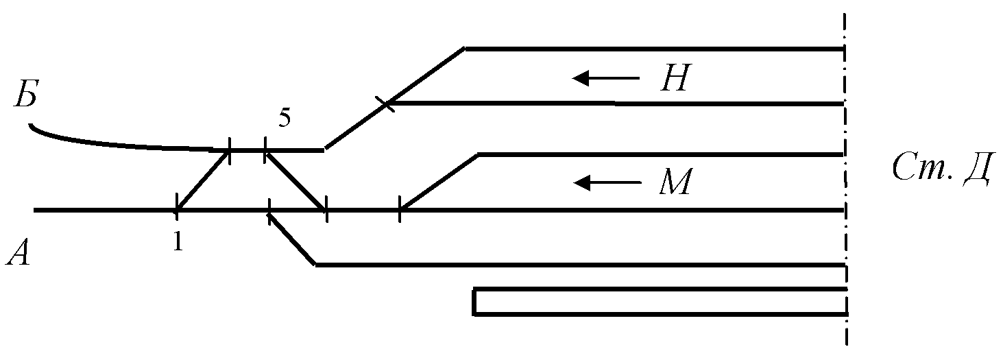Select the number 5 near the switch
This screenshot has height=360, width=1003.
[x=285, y=118]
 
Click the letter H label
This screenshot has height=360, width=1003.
[x=674, y=77]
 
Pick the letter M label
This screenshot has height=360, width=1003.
[x=675, y=181]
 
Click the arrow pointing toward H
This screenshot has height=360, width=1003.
[x=606, y=78]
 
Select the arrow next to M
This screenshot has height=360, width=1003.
[x=607, y=182]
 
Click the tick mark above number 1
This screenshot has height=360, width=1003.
[x=177, y=206]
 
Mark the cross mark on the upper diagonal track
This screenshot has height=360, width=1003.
[x=385, y=104]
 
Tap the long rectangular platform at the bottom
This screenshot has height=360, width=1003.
[x=660, y=302]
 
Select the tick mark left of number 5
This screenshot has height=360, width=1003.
[x=230, y=151]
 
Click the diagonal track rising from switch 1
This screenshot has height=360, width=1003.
[x=202, y=180]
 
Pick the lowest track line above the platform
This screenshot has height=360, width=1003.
[x=580, y=265]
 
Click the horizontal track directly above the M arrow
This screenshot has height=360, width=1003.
[x=660, y=154]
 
